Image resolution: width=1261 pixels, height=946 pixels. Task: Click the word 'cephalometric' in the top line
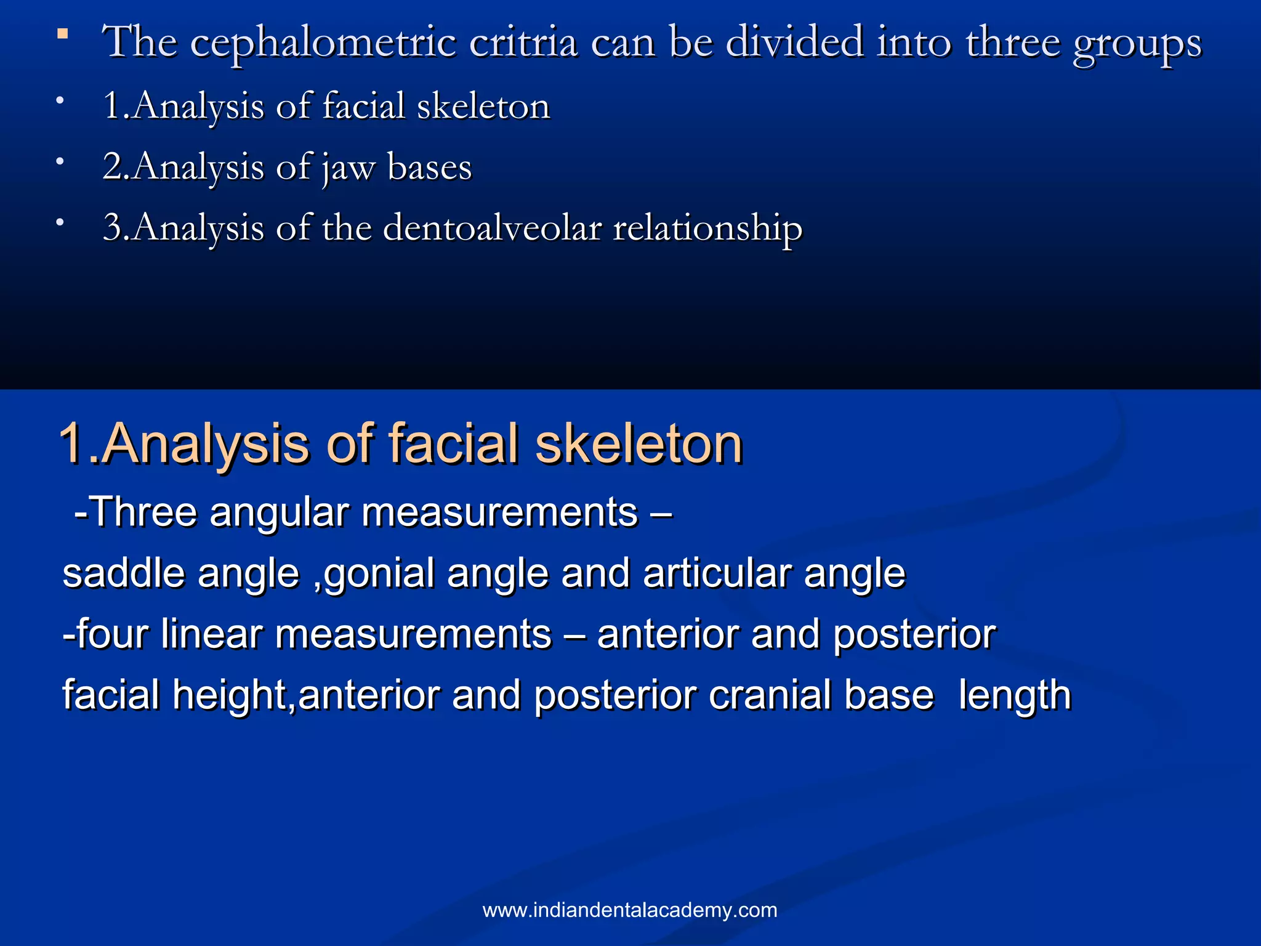point(323,43)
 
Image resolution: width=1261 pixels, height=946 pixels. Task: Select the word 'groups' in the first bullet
point(1137,43)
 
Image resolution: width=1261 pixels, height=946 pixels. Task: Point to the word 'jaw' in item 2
point(348,168)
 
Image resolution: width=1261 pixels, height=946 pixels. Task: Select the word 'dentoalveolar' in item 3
point(492,227)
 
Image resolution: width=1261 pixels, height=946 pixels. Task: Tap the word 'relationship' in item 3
point(707,228)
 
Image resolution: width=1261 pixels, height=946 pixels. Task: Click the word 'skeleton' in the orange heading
point(639,443)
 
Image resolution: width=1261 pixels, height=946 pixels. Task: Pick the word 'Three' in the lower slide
point(143,512)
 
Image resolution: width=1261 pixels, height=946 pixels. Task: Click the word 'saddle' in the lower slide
point(123,573)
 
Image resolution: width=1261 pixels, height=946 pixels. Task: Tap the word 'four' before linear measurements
point(111,634)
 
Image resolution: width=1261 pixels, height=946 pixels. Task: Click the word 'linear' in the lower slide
point(212,634)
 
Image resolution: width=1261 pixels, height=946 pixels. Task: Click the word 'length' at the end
point(1015,696)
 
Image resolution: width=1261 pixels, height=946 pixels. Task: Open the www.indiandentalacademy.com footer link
point(630,910)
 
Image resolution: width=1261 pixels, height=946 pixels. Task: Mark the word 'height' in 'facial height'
point(229,696)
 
